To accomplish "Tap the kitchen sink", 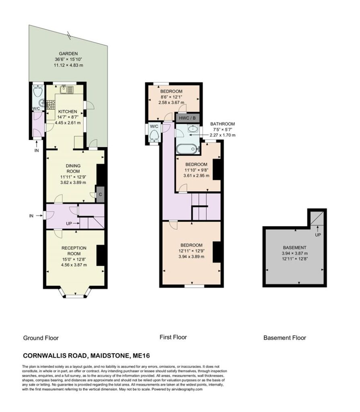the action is [x=66, y=90].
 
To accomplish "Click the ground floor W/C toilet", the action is [x=38, y=91].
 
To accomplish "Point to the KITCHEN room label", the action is [x=68, y=111].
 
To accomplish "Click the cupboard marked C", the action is [x=100, y=195].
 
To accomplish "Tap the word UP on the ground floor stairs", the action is [x=69, y=224].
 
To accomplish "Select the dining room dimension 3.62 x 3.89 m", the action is [x=73, y=182].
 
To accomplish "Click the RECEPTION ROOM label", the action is [x=74, y=251].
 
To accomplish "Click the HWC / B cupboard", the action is [x=187, y=118].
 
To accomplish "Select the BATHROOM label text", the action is [x=222, y=124].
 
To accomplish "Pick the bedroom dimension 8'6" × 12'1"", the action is [x=171, y=97].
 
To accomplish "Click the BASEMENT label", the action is [x=294, y=247].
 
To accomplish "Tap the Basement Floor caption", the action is [x=285, y=338].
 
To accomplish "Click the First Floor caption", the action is [x=173, y=337].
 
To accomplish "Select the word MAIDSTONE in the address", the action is [x=110, y=356].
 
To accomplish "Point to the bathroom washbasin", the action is [x=193, y=128].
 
